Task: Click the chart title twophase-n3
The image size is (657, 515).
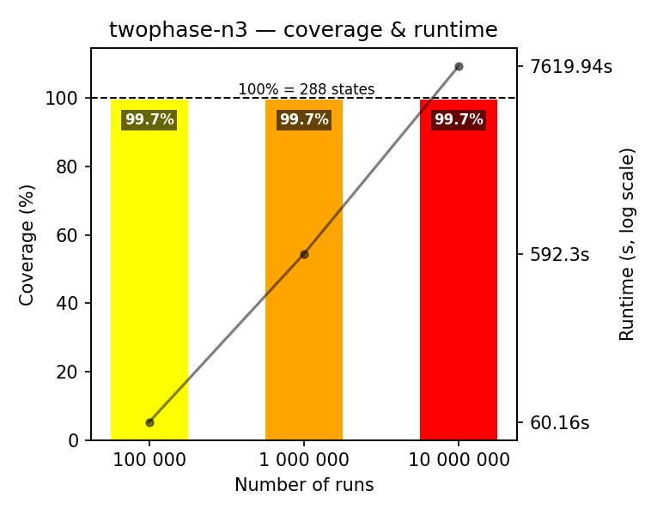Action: point(303,30)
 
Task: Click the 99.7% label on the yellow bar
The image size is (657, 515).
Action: point(149,120)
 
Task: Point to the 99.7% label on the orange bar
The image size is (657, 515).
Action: point(304,120)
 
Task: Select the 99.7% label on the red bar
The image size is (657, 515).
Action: point(459,120)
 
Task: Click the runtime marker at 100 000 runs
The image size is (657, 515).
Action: point(149,422)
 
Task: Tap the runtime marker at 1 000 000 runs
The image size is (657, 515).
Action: point(304,254)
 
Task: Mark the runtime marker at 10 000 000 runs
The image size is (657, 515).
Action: point(459,66)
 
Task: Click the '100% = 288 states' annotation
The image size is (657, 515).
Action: point(306,89)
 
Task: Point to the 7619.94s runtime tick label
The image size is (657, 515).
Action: point(571,66)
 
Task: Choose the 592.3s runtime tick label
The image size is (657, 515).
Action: point(560,254)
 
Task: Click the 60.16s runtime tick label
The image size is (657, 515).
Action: point(560,422)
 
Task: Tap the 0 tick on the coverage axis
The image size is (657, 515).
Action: point(74,440)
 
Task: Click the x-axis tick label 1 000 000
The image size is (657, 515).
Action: point(304,460)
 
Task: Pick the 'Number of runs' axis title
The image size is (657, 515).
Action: point(304,485)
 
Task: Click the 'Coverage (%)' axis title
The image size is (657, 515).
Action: point(27,245)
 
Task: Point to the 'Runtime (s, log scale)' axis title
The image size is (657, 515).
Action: point(628,245)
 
